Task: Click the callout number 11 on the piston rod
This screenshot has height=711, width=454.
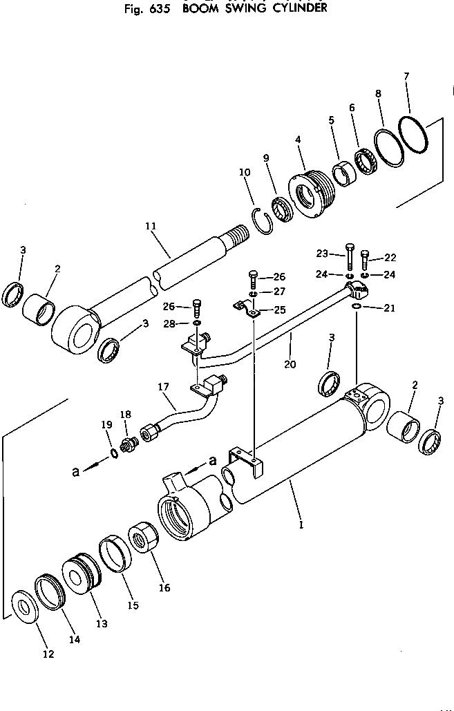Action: [x=151, y=226]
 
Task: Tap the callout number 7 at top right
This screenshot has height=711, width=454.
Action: [x=406, y=75]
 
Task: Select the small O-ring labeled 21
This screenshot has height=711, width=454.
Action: [x=354, y=307]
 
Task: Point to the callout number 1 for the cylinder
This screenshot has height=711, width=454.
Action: [x=301, y=524]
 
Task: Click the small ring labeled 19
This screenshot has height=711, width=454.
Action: [x=113, y=454]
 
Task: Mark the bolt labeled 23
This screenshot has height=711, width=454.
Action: [x=349, y=256]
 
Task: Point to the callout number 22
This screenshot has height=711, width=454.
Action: [x=390, y=257]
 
